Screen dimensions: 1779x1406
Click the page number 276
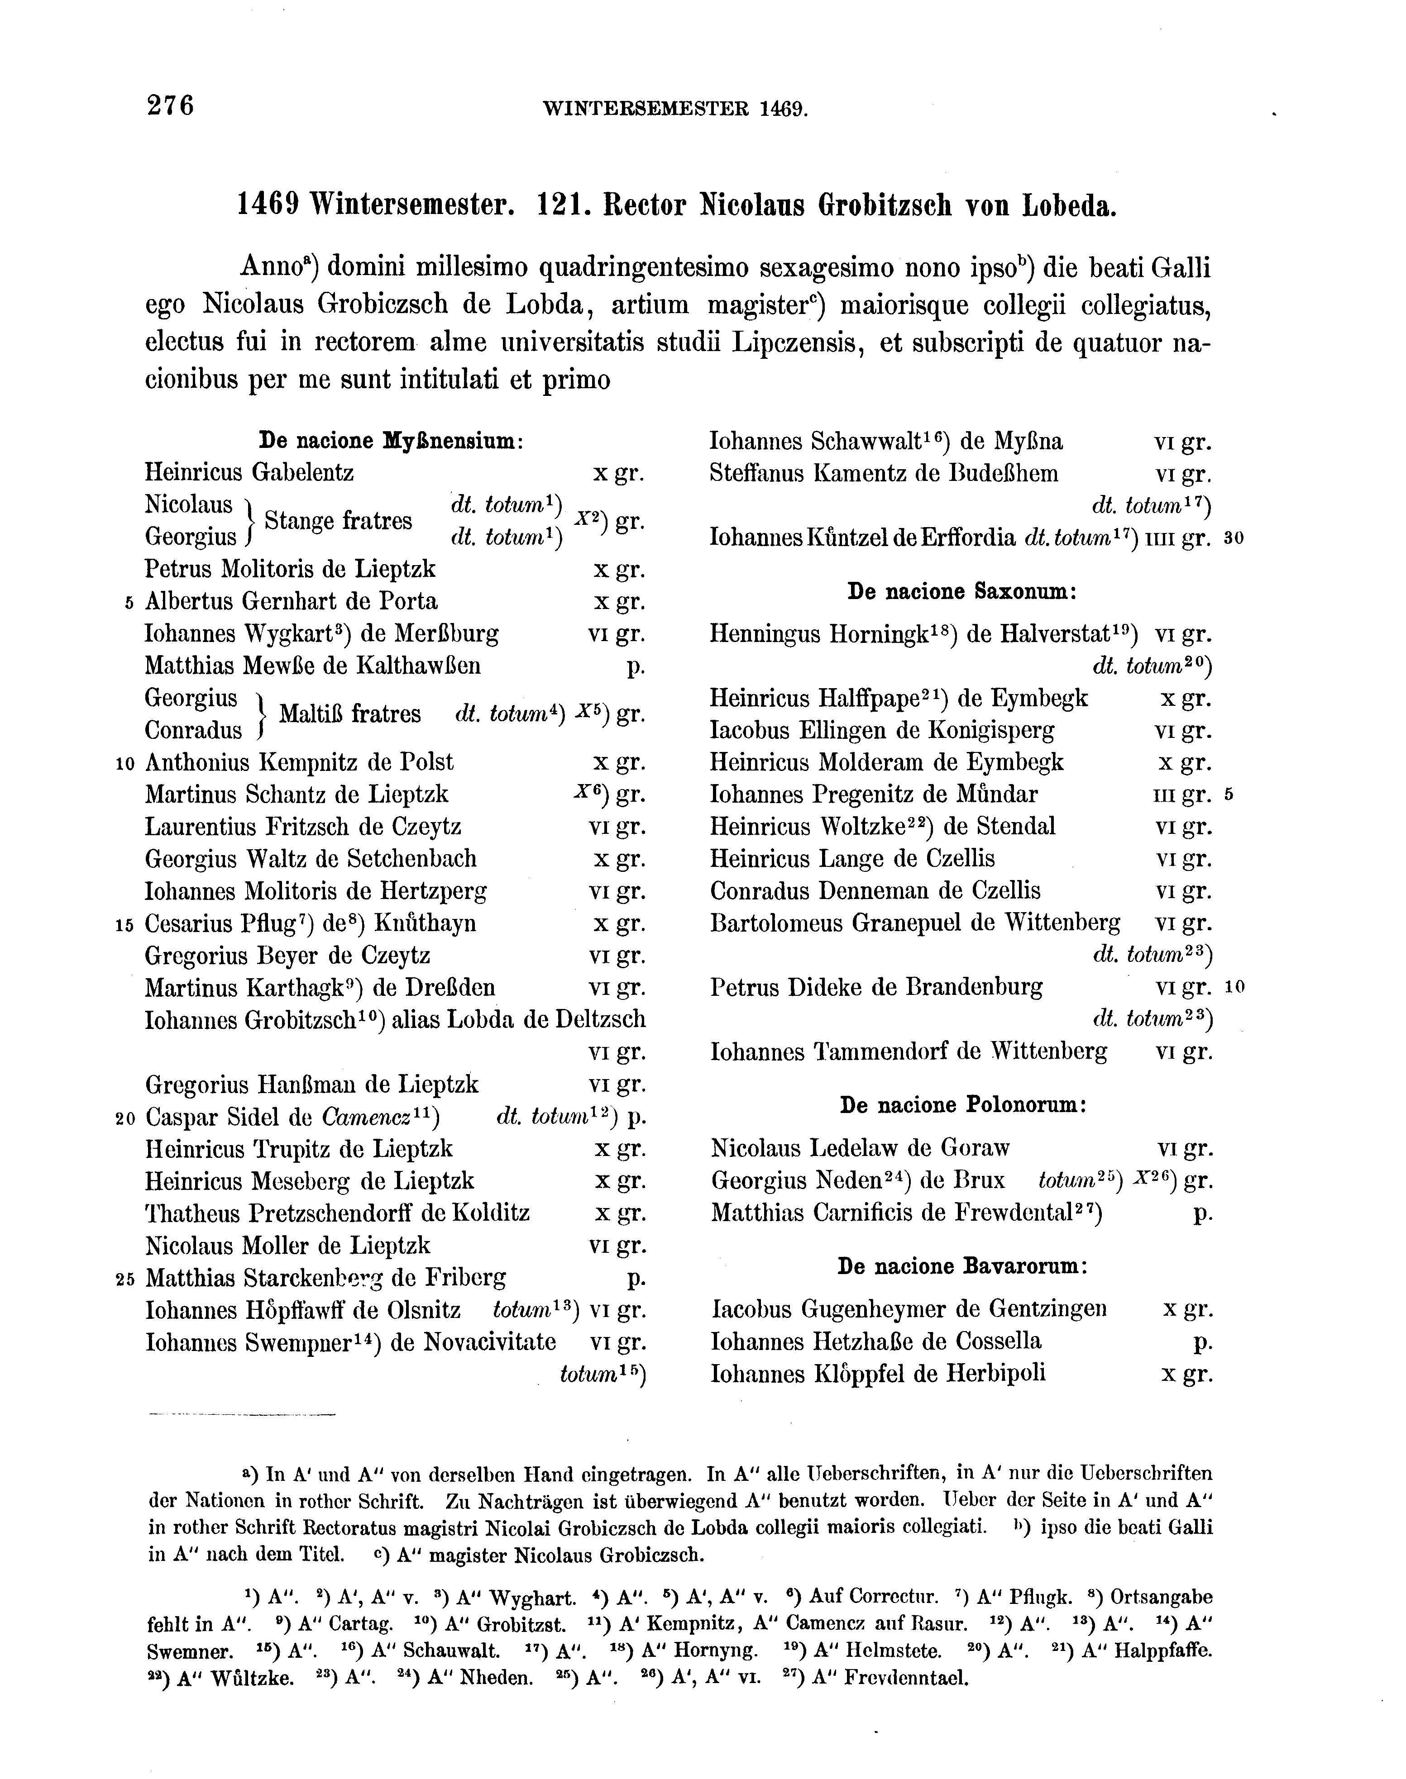coord(170,106)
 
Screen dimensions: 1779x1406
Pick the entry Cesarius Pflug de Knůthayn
coord(311,923)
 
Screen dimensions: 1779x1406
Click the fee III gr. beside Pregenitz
coord(1183,795)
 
